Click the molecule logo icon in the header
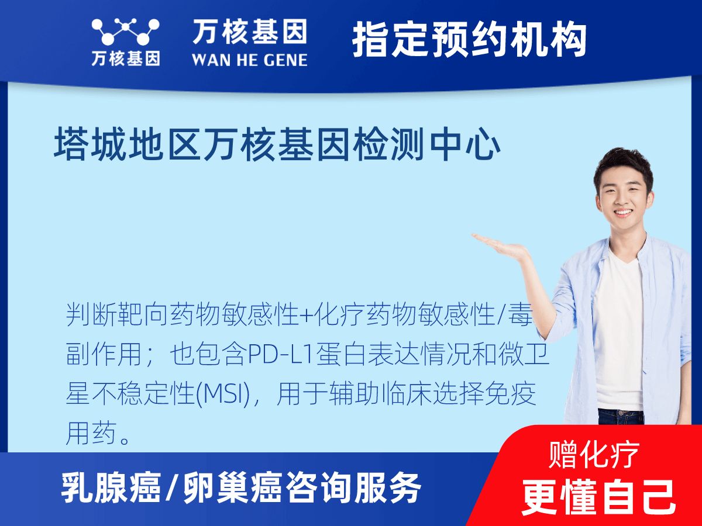click(x=125, y=32)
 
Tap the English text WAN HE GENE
click(x=249, y=60)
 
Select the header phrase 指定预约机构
click(x=469, y=40)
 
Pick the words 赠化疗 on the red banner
click(x=594, y=455)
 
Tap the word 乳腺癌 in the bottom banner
click(x=111, y=488)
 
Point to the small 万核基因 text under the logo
click(x=125, y=58)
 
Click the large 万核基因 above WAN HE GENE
click(x=249, y=33)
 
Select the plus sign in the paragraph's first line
click(x=306, y=316)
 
